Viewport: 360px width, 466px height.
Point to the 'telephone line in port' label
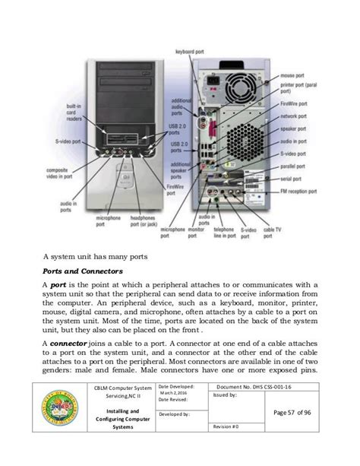point(226,232)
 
